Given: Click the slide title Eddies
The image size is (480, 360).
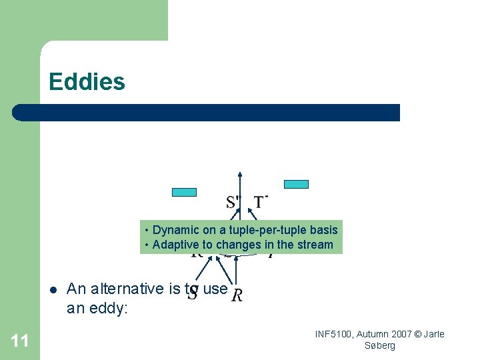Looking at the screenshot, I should (87, 82).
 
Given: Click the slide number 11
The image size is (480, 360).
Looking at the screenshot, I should (20, 341).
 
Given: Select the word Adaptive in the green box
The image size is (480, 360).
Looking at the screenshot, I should (175, 245).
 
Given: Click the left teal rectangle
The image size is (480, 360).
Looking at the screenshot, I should (185, 193).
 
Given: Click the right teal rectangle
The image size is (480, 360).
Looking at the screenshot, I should (297, 184).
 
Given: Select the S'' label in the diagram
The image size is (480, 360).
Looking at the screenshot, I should (234, 202).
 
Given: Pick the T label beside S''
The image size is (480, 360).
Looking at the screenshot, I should (260, 201).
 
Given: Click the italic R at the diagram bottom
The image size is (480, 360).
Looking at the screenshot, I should (237, 295).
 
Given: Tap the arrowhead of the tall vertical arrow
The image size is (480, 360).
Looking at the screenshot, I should (240, 175).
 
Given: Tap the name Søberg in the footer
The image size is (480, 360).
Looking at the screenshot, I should (380, 345).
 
